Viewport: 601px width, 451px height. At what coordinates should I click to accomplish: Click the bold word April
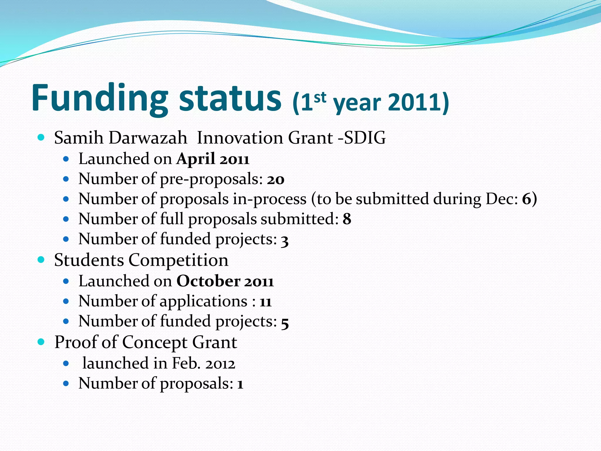pos(196,159)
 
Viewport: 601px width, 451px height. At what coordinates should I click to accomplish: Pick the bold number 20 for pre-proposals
pos(276,179)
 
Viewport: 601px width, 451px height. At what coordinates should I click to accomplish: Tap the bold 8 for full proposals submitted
pos(347,219)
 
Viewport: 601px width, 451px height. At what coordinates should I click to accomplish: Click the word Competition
pos(178,260)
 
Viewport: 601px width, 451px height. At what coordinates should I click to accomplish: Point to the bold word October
pos(208,281)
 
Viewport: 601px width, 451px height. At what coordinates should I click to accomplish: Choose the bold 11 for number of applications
pos(266,302)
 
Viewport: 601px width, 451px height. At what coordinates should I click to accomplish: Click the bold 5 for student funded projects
pos(285,322)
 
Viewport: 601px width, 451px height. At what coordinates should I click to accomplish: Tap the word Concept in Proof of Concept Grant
pos(155,342)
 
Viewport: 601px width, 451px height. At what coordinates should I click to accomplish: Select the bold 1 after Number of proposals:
pos(240,384)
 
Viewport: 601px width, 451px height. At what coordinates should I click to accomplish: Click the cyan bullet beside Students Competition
pos(41,260)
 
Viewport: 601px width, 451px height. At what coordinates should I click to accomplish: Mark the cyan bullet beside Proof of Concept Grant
pos(41,341)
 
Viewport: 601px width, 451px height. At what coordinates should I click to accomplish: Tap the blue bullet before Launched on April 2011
pos(66,159)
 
